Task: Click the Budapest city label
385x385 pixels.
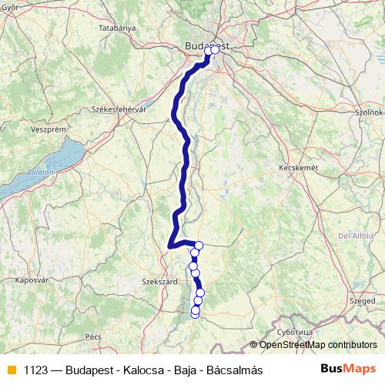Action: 206,46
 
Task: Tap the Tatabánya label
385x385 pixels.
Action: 117,28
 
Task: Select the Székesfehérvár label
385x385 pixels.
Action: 119,110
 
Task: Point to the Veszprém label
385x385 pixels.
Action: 26,130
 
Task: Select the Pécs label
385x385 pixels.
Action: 93,336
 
